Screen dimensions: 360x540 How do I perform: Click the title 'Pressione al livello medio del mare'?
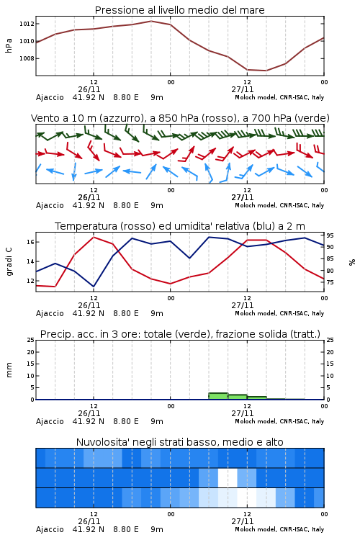click(x=179, y=10)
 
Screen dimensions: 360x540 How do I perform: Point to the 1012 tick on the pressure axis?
click(x=27, y=24)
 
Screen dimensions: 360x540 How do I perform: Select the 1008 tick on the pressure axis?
click(x=27, y=58)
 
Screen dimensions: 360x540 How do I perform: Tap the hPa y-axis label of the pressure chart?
click(x=9, y=45)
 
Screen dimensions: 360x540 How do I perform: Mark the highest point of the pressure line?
click(x=151, y=21)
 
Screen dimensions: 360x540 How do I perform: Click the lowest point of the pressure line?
click(x=266, y=71)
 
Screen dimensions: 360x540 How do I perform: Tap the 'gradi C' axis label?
click(x=9, y=262)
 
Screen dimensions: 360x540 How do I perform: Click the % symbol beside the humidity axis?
click(x=352, y=262)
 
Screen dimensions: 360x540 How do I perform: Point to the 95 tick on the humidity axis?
click(x=330, y=235)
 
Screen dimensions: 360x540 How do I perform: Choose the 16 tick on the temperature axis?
click(x=30, y=242)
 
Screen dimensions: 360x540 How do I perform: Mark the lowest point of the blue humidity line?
click(x=94, y=287)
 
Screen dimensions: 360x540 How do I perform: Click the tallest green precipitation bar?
click(x=218, y=396)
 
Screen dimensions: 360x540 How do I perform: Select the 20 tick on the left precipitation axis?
click(x=30, y=352)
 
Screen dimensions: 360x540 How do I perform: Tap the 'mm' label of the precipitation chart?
click(x=9, y=369)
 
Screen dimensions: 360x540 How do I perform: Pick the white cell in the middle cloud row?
click(x=228, y=477)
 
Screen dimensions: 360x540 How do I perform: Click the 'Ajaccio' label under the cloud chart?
click(x=50, y=529)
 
